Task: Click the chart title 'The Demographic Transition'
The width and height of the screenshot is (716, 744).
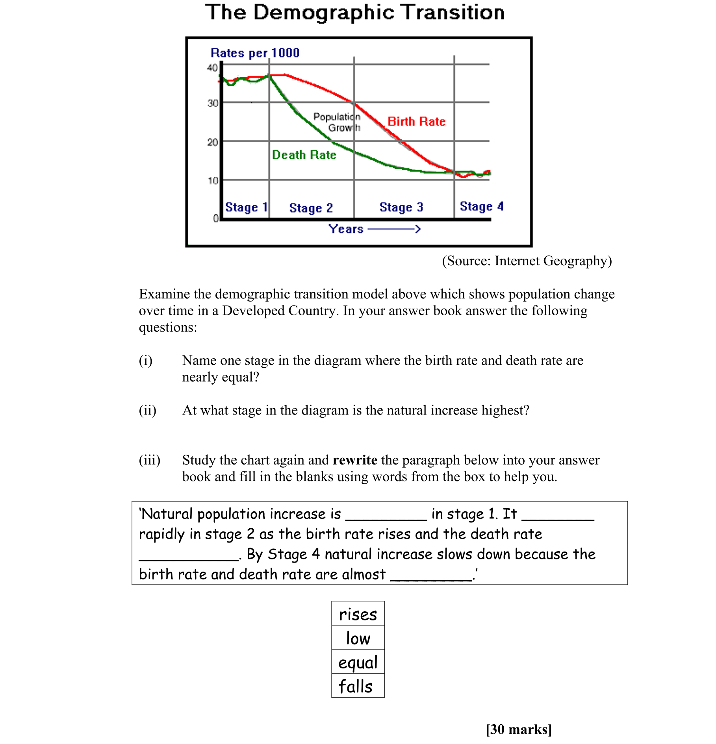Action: [355, 13]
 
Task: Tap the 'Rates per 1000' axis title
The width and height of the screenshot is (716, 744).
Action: [255, 53]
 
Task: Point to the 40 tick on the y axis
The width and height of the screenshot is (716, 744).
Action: [212, 68]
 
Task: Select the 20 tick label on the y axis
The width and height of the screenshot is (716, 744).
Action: [212, 142]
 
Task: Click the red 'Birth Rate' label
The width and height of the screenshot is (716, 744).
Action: [416, 122]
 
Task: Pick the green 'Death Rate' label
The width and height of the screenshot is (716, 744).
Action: [304, 155]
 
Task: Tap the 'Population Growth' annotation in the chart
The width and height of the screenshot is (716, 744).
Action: [337, 122]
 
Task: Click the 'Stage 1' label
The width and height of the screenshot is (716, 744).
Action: [246, 207]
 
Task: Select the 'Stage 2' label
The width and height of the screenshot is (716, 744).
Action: [311, 208]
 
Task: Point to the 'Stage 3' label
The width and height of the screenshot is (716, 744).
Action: [401, 207]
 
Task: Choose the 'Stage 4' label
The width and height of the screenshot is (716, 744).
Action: [481, 207]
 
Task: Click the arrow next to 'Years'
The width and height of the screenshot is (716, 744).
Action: [394, 229]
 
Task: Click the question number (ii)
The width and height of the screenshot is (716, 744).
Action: [147, 410]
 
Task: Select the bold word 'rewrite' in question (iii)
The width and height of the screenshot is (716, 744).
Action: [355, 460]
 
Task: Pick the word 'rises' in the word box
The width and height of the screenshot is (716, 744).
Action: [358, 614]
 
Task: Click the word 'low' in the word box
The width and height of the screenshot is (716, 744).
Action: [358, 639]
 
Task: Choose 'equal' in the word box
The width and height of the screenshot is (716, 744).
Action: [358, 663]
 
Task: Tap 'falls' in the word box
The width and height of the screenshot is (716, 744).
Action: [356, 687]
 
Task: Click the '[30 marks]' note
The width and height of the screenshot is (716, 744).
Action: [519, 729]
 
